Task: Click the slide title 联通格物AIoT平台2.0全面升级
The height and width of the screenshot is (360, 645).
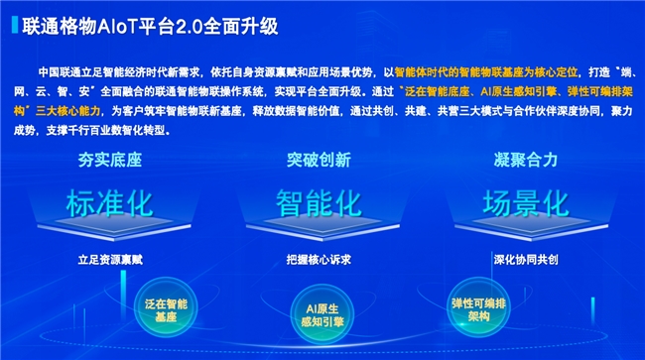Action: coord(150,27)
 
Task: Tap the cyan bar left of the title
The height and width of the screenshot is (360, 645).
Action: coord(15,25)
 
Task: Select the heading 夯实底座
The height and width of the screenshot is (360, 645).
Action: coord(110,160)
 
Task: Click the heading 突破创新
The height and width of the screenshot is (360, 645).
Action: coord(319,160)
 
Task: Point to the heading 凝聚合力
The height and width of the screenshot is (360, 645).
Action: coord(526,160)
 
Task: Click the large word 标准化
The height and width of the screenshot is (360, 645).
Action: coord(110,203)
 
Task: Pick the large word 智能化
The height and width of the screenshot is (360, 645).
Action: coord(319,203)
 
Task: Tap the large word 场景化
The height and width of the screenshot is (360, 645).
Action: coord(526,203)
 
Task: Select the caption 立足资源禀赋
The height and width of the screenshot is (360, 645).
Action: coord(110,260)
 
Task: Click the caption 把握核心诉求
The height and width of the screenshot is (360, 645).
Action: coord(319,260)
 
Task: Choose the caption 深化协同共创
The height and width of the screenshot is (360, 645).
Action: coord(526,260)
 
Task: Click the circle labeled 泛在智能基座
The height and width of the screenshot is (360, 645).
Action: coord(166,308)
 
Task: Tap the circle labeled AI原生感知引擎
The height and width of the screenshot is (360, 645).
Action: coord(322,314)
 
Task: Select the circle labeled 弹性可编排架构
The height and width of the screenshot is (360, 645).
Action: coord(478,308)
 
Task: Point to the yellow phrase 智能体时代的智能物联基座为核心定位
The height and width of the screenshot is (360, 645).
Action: coord(486,72)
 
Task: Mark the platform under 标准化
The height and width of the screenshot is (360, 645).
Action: coord(114,227)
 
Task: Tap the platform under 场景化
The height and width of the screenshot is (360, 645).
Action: coord(531,227)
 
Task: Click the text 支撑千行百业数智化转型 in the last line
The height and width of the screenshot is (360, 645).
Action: coord(105,131)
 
